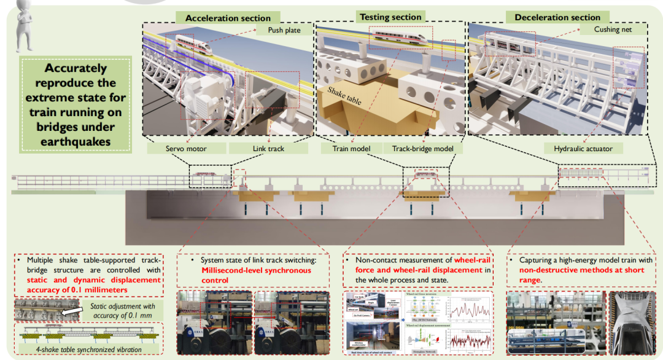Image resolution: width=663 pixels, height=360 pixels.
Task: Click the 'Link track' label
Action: point(268,149)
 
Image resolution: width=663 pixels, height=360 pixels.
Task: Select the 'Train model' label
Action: point(349,149)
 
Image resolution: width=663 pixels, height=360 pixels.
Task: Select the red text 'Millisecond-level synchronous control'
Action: point(255,275)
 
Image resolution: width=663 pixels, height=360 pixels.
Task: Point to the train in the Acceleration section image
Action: point(194,43)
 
